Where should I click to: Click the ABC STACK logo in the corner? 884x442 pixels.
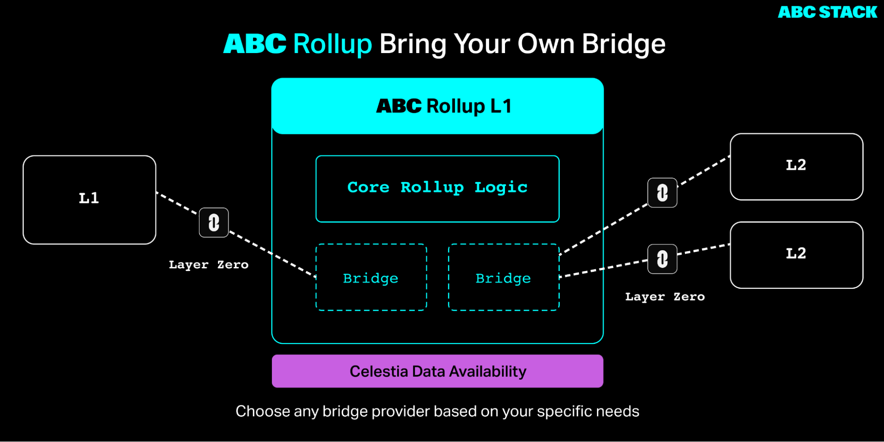(827, 12)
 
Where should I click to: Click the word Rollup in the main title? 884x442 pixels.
(333, 44)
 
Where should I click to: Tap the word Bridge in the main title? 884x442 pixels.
(624, 44)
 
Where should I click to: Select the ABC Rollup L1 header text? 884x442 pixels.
(444, 106)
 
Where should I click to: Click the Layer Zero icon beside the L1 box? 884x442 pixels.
(214, 222)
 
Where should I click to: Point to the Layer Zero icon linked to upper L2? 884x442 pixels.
(662, 193)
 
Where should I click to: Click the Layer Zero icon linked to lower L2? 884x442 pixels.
(662, 259)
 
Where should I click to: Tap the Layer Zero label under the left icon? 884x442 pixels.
(209, 265)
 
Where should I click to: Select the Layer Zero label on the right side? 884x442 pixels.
(665, 297)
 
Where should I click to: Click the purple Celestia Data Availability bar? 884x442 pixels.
(437, 371)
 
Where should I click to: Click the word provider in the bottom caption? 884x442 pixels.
(401, 411)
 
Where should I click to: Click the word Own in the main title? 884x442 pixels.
(546, 44)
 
